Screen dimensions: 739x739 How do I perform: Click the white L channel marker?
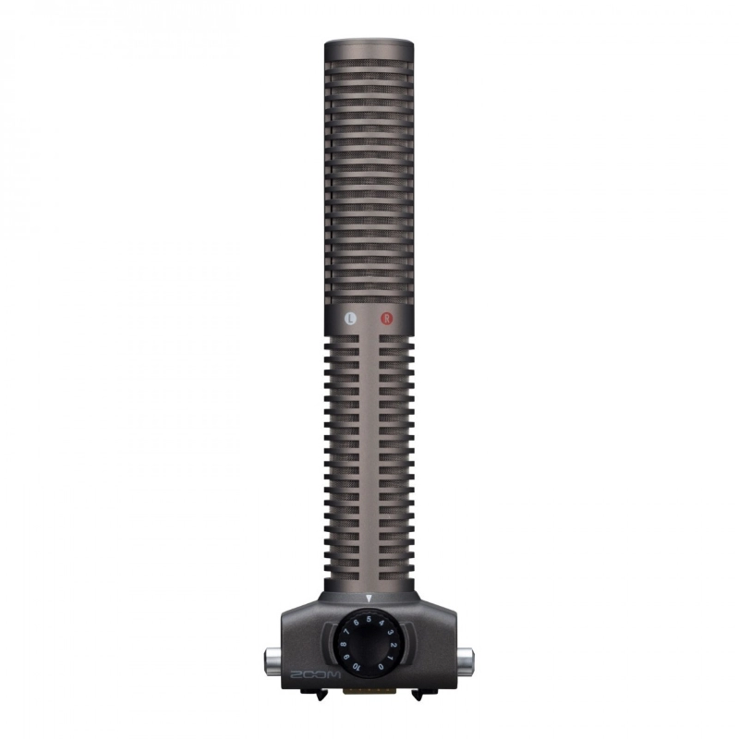350,318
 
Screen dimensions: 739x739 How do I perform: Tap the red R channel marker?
387,318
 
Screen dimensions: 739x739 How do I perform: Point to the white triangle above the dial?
369,599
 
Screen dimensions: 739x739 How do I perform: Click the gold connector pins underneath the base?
369,689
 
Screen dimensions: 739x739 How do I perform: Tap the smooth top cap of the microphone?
369,44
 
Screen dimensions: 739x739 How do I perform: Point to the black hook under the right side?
419,694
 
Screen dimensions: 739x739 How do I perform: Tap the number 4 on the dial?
382,623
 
